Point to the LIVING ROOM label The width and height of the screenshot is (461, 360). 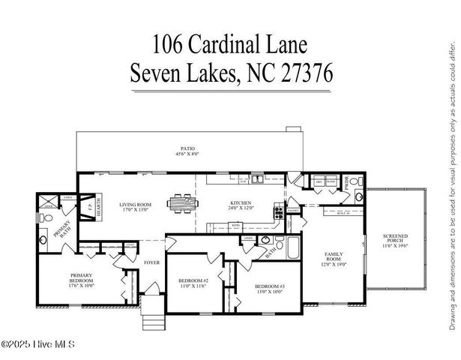point(135,204)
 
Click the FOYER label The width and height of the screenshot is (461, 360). point(153,263)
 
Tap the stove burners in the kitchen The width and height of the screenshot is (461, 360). point(277,209)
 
